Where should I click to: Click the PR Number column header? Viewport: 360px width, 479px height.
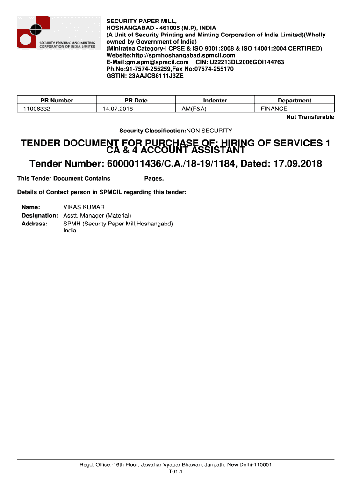(57, 100)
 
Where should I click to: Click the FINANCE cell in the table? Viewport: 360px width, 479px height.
(274, 109)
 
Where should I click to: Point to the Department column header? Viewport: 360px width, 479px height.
(295, 100)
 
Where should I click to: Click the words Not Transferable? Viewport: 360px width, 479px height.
(310, 117)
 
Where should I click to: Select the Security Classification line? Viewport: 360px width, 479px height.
(175, 131)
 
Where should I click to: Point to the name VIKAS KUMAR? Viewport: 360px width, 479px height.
(84, 207)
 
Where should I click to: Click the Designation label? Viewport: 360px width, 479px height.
(40, 216)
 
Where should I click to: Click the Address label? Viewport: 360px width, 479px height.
(35, 224)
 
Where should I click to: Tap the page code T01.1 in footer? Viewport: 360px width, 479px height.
(175, 472)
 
